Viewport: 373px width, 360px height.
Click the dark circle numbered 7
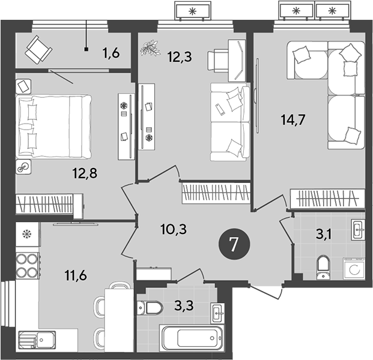(233, 244)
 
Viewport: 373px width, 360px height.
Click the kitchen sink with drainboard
(36, 340)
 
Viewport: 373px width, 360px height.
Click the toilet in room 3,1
(324, 266)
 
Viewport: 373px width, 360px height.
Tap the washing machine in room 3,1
(353, 268)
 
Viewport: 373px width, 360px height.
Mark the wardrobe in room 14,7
(327, 197)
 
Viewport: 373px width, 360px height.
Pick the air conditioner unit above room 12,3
(193, 11)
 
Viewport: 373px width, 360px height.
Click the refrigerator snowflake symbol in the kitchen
(26, 233)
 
